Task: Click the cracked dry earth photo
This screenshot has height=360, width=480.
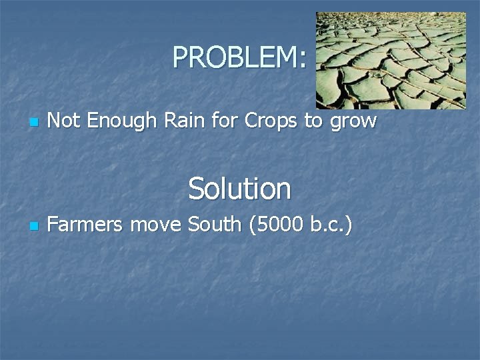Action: [x=391, y=60]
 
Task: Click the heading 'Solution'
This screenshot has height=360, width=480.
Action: [x=239, y=189]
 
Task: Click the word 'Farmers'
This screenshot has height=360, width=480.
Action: [x=86, y=225]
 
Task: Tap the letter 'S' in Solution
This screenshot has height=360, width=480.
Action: [x=197, y=189]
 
